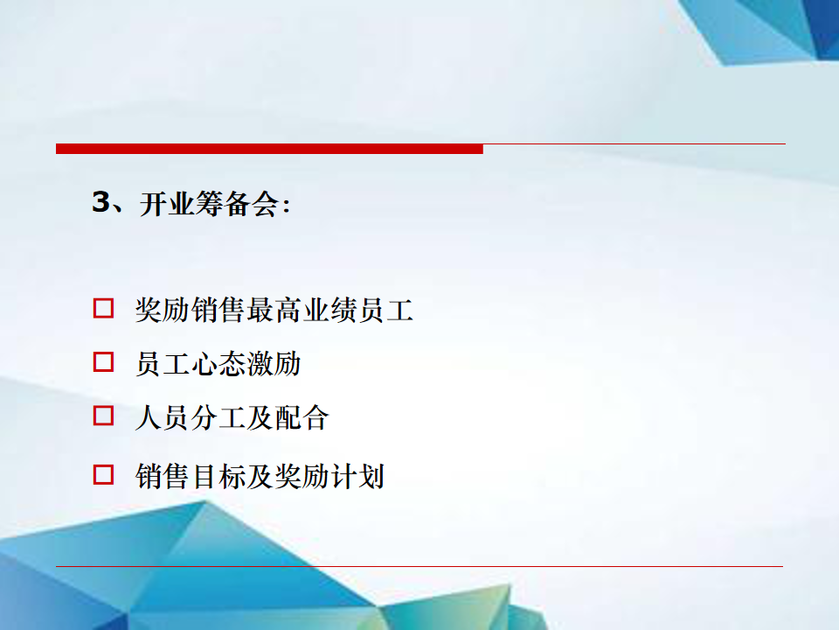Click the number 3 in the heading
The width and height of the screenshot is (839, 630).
tap(101, 202)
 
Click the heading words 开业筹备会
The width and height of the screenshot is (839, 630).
tap(209, 204)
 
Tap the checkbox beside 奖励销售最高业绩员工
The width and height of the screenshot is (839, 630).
tap(103, 309)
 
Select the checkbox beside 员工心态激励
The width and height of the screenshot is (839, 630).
tap(103, 362)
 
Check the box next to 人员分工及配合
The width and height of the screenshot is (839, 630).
tap(103, 416)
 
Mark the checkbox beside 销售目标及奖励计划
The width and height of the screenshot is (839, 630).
tap(103, 474)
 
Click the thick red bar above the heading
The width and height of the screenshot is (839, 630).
tap(269, 149)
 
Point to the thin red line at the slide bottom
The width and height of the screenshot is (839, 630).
tap(419, 566)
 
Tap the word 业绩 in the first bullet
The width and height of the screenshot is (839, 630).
tap(329, 310)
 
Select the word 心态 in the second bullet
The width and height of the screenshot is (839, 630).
tap(218, 364)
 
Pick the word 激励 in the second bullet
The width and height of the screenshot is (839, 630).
tap(274, 364)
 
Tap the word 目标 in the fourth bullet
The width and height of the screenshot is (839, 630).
tap(218, 476)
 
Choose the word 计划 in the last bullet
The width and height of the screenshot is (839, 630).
tap(357, 476)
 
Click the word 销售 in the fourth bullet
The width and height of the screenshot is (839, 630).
tap(163, 476)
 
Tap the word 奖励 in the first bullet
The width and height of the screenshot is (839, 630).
tap(163, 310)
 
